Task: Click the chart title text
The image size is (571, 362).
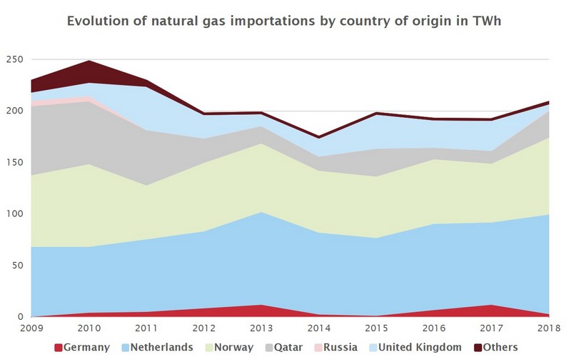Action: pos(285,21)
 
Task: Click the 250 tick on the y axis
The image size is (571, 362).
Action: pos(14,59)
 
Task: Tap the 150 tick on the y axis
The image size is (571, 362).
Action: pos(14,163)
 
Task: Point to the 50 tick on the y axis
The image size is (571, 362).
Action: pos(16,266)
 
